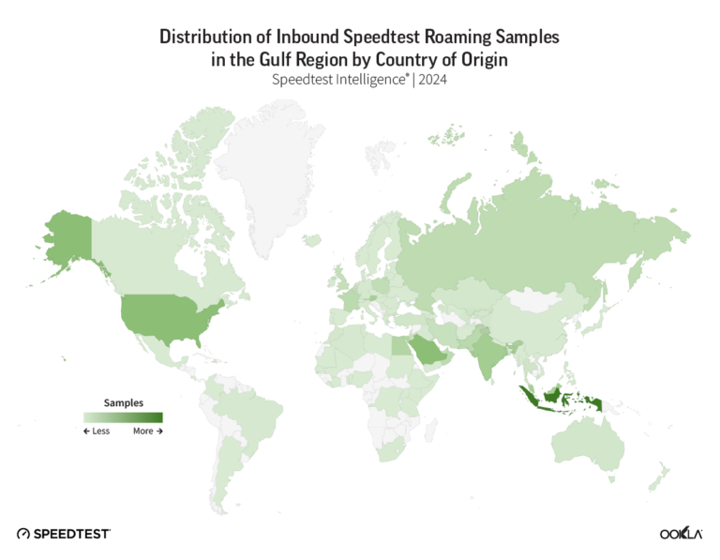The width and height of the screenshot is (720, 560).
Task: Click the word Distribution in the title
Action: point(209,38)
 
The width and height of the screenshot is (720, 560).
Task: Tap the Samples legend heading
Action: point(123,402)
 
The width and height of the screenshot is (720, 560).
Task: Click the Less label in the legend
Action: point(97,431)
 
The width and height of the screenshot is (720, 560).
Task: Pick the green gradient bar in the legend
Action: point(123,417)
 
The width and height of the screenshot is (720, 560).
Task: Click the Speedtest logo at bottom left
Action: point(63,533)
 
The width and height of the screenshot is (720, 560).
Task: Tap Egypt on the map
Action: point(397,345)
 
